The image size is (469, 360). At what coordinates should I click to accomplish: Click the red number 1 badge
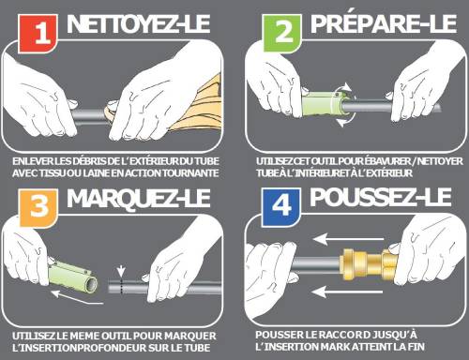(38, 34)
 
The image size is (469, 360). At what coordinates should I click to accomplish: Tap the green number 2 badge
(282, 33)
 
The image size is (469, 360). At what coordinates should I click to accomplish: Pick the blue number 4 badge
(281, 207)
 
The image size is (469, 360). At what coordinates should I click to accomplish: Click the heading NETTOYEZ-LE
(138, 24)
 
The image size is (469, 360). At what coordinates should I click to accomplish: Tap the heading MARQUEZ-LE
(138, 199)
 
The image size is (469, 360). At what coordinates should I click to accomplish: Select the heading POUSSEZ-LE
(381, 198)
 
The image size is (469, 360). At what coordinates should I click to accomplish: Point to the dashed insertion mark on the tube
(121, 286)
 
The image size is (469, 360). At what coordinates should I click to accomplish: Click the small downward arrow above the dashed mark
(121, 271)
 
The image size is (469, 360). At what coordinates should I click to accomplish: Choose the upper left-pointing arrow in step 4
(348, 240)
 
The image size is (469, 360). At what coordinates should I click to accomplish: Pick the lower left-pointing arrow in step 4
(347, 292)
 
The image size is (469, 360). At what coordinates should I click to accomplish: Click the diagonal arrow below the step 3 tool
(77, 298)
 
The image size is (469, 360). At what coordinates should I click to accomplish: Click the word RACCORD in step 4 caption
(344, 335)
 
